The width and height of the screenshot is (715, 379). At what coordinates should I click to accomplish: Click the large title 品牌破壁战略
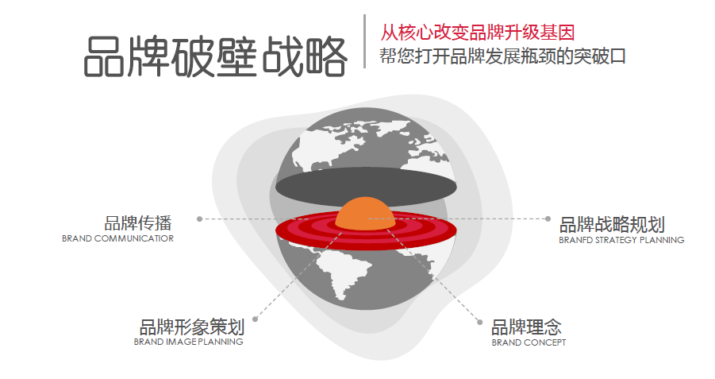(215, 56)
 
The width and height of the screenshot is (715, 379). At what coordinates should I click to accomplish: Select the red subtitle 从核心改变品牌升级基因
(478, 33)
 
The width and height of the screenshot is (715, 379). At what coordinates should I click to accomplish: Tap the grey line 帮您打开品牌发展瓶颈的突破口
(502, 56)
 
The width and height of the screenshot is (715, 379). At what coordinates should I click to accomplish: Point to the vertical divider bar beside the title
(365, 41)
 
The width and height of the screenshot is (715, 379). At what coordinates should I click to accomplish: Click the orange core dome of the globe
(364, 213)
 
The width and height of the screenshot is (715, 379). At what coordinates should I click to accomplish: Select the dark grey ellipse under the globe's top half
(366, 187)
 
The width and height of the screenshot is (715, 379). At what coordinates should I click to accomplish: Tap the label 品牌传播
(138, 223)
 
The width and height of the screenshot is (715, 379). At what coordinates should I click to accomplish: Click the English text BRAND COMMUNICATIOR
(117, 238)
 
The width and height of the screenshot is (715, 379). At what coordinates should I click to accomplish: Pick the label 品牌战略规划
(612, 225)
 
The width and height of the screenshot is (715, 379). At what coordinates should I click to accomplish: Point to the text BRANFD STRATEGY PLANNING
(621, 240)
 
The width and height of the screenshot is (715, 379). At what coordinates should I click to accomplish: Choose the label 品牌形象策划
(191, 327)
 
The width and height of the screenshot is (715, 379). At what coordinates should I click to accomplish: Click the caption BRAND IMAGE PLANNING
(188, 342)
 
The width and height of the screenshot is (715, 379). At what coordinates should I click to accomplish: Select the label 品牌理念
(526, 327)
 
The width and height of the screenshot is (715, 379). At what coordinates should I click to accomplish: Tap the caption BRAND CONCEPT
(529, 342)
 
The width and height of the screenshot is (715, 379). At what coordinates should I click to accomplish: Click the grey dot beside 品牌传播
(199, 219)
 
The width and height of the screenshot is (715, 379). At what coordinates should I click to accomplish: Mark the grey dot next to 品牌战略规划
(548, 219)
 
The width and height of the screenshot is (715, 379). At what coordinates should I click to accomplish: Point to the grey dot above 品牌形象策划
(255, 319)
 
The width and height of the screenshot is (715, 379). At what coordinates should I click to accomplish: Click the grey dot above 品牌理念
(479, 323)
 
